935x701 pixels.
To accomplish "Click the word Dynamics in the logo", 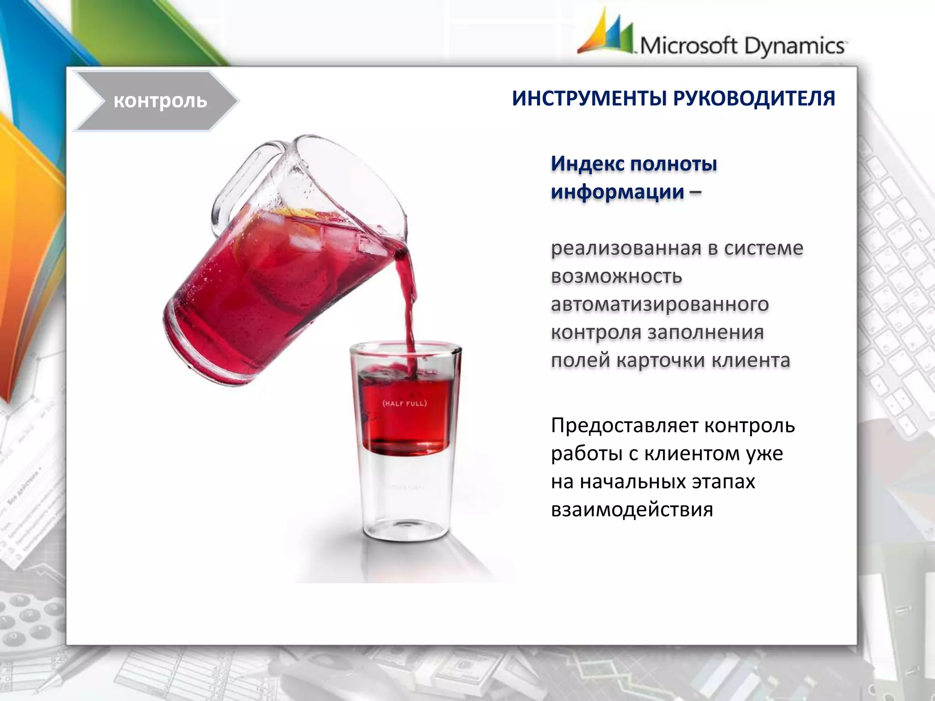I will point(794,46).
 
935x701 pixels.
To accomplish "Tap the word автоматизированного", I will point(660,304).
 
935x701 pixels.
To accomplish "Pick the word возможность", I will point(616,277).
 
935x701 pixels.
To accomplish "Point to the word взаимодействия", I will point(632,510).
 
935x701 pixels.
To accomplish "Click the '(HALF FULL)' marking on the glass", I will point(404,403).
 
